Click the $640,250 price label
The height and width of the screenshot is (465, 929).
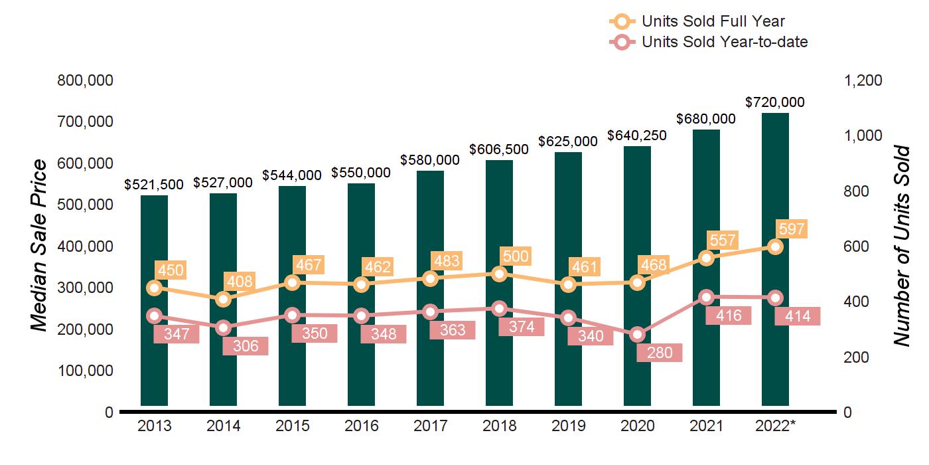pyautogui.click(x=637, y=136)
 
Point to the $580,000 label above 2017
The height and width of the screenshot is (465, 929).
pyautogui.click(x=430, y=160)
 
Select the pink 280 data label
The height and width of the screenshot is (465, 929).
pyautogui.click(x=659, y=353)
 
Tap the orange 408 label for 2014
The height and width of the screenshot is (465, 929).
pyautogui.click(x=239, y=282)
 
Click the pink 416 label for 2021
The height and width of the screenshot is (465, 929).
pyautogui.click(x=729, y=316)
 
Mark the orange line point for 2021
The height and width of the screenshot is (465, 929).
pyautogui.click(x=707, y=258)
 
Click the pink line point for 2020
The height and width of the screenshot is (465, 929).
pyautogui.click(x=638, y=335)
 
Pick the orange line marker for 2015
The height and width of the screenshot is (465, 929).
pyautogui.click(x=293, y=283)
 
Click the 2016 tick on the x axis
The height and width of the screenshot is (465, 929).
pyautogui.click(x=362, y=426)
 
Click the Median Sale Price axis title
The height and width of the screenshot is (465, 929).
pyautogui.click(x=40, y=246)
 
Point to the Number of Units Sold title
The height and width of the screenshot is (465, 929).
pyautogui.click(x=900, y=246)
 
